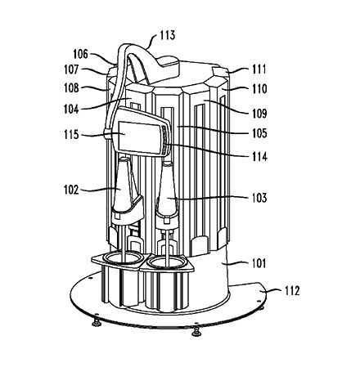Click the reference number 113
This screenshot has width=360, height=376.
[167, 35]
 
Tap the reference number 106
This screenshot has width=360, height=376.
[80, 54]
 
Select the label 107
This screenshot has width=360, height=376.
[71, 69]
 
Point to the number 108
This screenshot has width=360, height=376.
[71, 88]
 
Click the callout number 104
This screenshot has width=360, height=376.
[71, 109]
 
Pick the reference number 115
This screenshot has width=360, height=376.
[71, 134]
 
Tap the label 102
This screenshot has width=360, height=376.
[71, 190]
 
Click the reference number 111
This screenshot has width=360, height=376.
[259, 69]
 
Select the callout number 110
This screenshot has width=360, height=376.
[259, 89]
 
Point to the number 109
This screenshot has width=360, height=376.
[259, 113]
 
